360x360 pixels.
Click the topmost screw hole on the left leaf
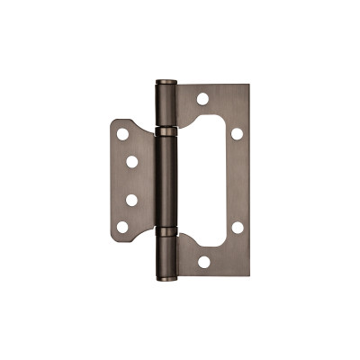[122, 134]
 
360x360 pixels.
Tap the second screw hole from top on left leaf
[131, 162]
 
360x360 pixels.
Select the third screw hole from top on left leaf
[131, 200]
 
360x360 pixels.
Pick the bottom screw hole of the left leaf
[122, 228]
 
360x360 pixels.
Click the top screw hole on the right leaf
[203, 98]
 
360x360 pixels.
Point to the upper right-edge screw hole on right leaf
[237, 133]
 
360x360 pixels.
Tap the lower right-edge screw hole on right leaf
[237, 228]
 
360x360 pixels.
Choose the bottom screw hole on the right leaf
[203, 262]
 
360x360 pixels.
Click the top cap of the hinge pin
[166, 84]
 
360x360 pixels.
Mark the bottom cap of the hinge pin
[166, 277]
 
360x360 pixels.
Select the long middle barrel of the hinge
[166, 181]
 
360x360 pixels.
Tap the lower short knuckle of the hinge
[166, 255]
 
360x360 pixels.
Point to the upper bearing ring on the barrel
[166, 131]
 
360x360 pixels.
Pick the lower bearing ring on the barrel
[166, 231]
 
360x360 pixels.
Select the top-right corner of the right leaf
[248, 86]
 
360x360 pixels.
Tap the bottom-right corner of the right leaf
[248, 274]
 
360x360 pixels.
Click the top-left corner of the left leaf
[113, 121]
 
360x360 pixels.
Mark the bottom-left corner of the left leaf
[113, 240]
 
